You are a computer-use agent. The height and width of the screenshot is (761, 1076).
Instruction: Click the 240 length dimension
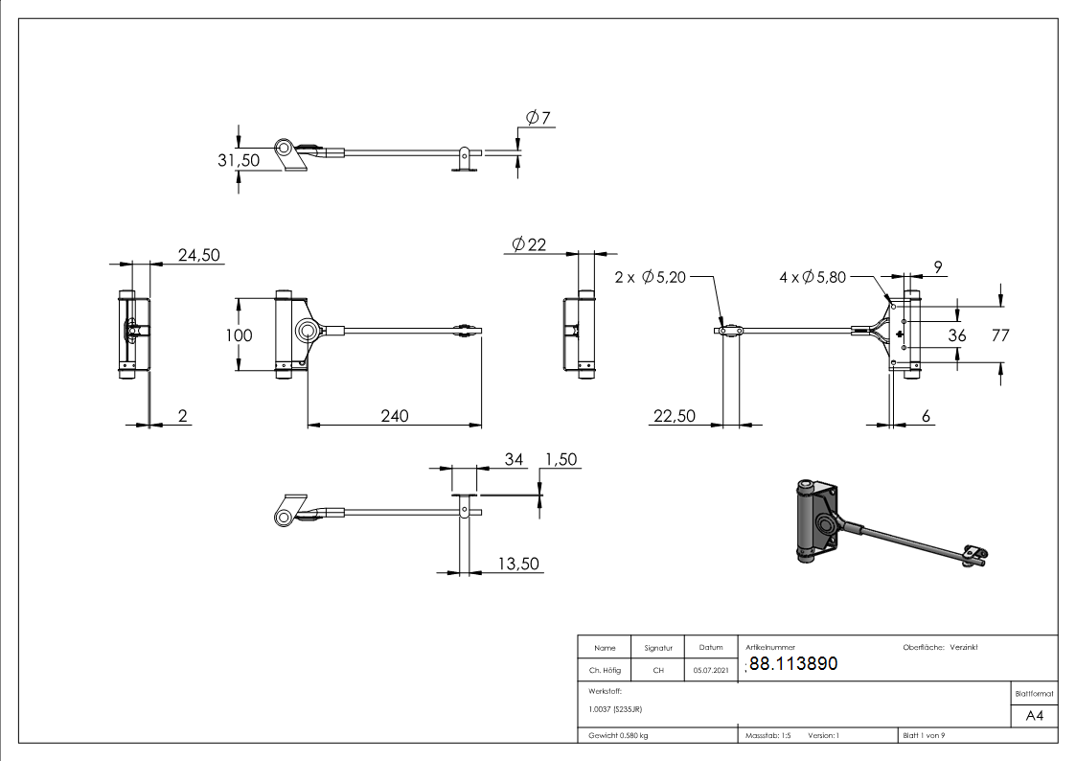[x=394, y=415]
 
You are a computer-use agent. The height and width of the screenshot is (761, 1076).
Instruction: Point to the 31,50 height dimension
[x=239, y=160]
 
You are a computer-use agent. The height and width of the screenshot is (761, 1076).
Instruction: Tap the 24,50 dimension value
[x=199, y=255]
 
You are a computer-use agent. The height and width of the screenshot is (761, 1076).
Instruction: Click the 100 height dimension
[x=240, y=335]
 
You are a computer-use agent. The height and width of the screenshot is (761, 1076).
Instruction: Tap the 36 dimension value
[x=956, y=334]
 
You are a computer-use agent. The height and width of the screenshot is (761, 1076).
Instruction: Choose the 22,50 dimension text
[x=675, y=415]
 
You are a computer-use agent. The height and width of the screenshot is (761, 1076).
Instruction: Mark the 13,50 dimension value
[x=518, y=565]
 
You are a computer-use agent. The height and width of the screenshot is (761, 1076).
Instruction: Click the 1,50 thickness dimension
[x=561, y=460]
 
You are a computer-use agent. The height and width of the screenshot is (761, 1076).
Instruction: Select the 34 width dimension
[x=515, y=460]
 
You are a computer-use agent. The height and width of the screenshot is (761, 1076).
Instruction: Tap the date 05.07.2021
[x=711, y=671]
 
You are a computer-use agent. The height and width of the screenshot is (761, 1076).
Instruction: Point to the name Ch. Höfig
[x=606, y=671]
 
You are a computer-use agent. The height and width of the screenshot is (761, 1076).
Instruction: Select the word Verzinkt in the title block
[x=963, y=648]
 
